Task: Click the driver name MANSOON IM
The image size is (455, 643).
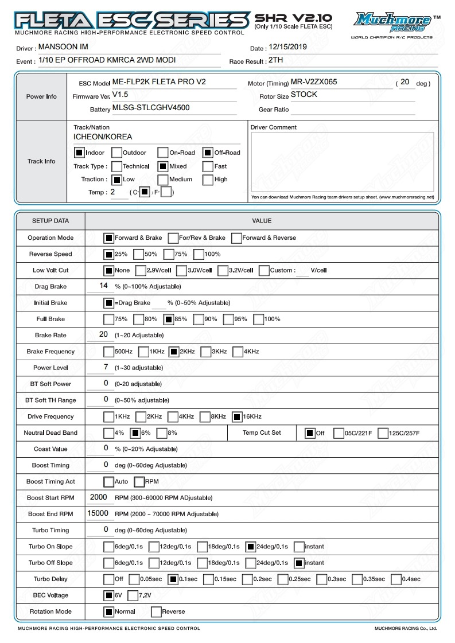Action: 64,48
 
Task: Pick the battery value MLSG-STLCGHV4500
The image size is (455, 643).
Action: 151,107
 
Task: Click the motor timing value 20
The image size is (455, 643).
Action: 405,82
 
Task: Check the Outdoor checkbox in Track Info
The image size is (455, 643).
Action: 116,153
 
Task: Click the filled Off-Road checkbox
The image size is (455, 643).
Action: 208,153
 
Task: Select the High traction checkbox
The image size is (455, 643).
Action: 208,180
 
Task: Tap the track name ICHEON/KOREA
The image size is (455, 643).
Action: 103,137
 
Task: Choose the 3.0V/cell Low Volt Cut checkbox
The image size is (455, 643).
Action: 181,270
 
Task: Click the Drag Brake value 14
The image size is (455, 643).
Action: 104,286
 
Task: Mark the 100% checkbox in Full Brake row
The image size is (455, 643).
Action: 258,319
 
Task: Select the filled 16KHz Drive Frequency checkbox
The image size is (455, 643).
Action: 238,416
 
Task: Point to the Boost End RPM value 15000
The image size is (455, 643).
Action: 98,513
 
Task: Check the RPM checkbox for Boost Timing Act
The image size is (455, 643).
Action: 139,482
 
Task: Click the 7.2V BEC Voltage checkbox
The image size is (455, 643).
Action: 133,595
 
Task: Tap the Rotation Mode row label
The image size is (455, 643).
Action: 50,611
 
